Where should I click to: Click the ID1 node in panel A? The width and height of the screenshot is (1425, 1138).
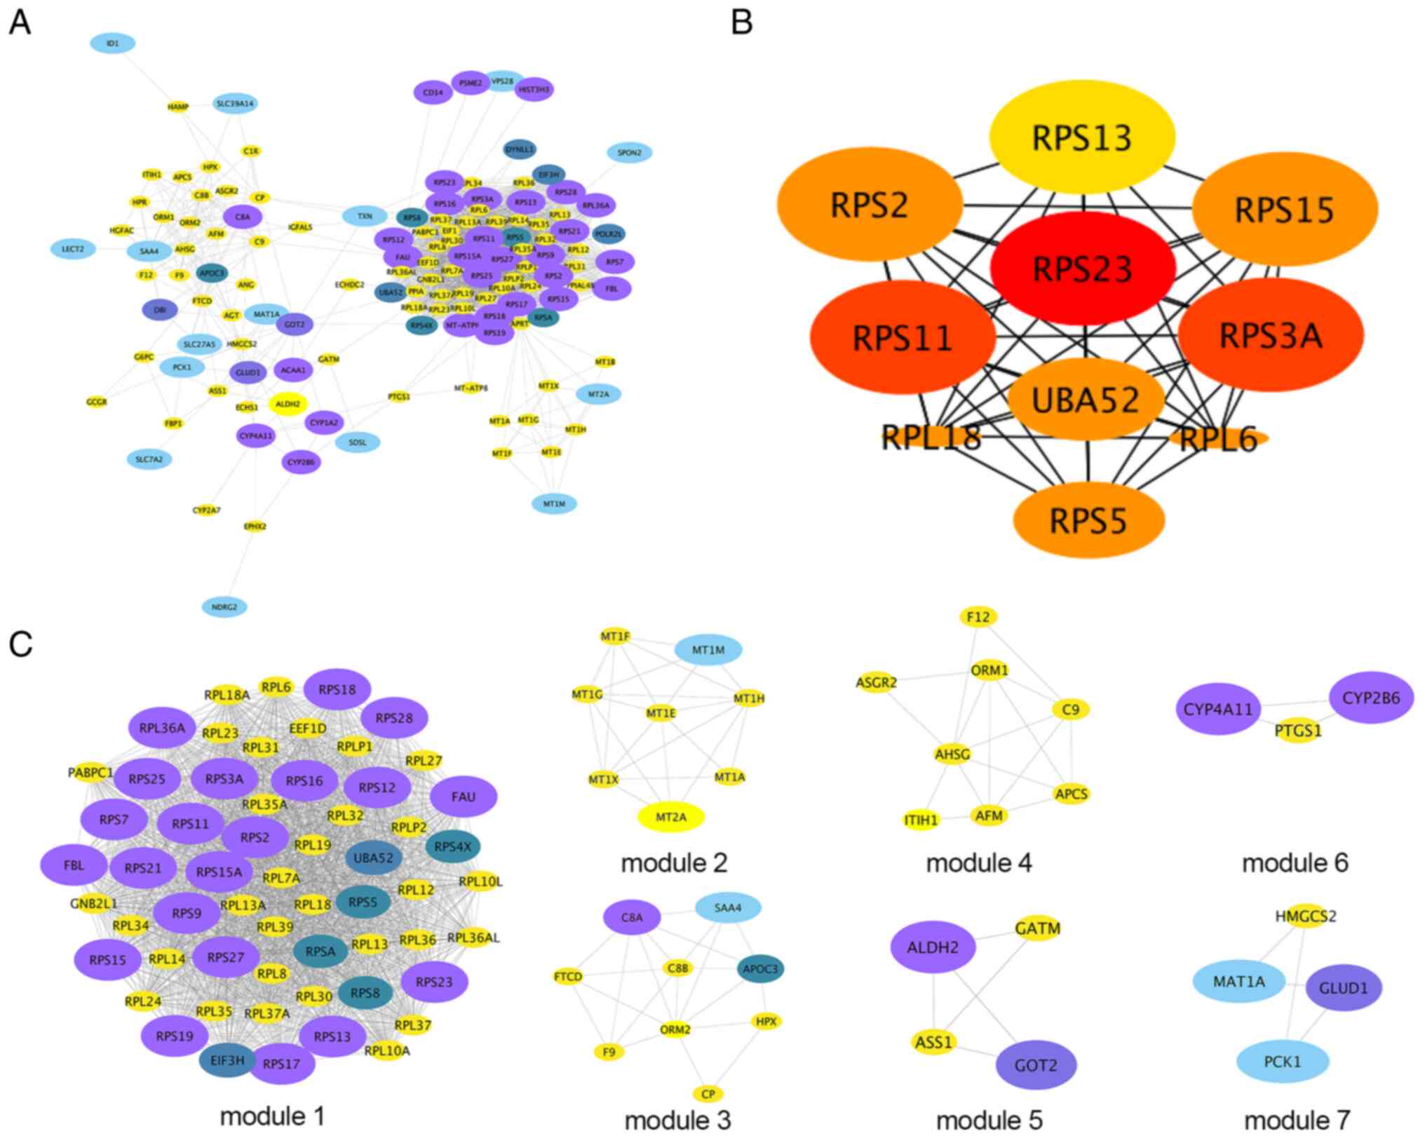[x=112, y=43]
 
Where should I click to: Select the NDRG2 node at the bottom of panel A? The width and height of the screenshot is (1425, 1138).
[x=224, y=607]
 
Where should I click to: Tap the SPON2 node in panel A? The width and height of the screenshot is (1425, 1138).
[x=629, y=152]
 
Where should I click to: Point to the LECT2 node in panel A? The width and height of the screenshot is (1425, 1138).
[x=73, y=249]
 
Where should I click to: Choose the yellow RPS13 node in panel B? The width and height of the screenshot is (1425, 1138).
[x=1081, y=137]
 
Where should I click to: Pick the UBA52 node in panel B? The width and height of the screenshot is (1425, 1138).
[x=1086, y=400]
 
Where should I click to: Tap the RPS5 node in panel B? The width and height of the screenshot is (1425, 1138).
[x=1088, y=520]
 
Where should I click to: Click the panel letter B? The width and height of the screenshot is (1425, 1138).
[x=741, y=22]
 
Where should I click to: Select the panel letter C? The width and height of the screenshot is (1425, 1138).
[x=20, y=644]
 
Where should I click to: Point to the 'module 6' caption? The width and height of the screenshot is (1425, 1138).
[x=1295, y=862]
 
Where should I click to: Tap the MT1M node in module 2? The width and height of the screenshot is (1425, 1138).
[x=708, y=650]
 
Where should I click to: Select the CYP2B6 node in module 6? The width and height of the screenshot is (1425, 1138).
[x=1370, y=698]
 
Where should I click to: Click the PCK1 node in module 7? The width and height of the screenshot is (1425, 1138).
[x=1282, y=1062]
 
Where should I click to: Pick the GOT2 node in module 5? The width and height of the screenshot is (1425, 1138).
[x=1036, y=1065]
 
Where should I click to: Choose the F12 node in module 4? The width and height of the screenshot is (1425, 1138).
[x=978, y=616]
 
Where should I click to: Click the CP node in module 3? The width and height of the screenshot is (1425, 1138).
[x=708, y=1094]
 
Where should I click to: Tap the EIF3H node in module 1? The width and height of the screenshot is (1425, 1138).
[x=228, y=1060]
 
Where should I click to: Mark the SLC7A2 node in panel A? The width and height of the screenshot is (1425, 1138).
[x=149, y=459]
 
